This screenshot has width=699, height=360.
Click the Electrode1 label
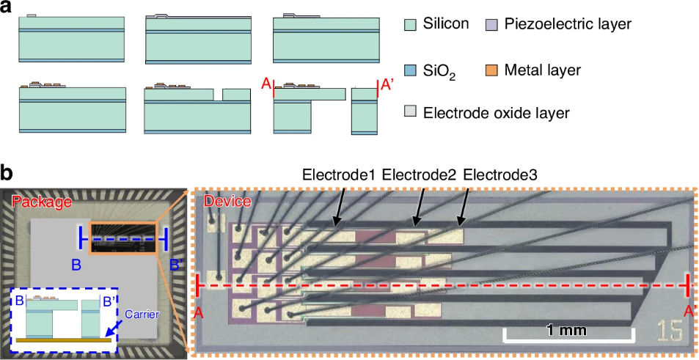(338, 175)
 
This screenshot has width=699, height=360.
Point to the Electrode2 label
(419, 175)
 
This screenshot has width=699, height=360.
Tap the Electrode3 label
(500, 175)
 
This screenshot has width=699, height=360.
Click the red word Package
(43, 202)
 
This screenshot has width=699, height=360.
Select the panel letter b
(7, 173)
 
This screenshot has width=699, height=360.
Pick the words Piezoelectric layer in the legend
(568, 24)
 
